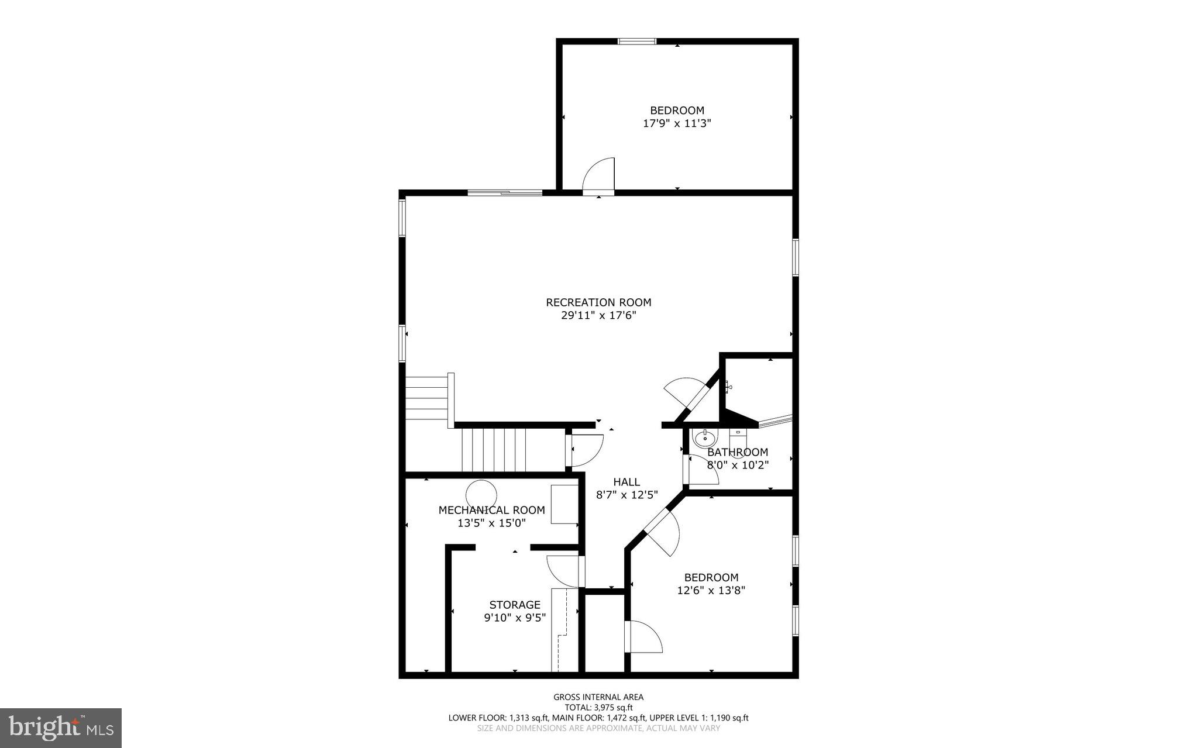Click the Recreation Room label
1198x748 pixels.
pyautogui.click(x=598, y=302)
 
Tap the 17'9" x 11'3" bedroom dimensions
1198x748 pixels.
pyautogui.click(x=677, y=123)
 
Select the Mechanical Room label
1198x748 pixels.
pyautogui.click(x=491, y=510)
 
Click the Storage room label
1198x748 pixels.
pyautogui.click(x=515, y=605)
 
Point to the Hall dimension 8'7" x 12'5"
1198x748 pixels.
pyautogui.click(x=626, y=495)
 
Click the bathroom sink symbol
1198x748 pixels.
pyautogui.click(x=704, y=437)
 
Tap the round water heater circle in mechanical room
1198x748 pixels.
pyautogui.click(x=481, y=494)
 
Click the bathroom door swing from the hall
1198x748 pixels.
pyautogui.click(x=702, y=470)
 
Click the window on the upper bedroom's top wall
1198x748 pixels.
pyautogui.click(x=637, y=42)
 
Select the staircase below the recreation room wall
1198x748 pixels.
pyautogui.click(x=494, y=449)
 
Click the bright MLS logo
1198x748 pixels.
pyautogui.click(x=61, y=728)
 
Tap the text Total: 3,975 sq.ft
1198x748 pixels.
pyautogui.click(x=598, y=707)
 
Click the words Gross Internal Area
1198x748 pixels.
pyautogui.click(x=598, y=697)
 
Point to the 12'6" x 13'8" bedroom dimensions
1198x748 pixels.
pyautogui.click(x=711, y=591)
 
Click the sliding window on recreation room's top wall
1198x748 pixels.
pyautogui.click(x=505, y=192)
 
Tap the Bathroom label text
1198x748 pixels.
pyautogui.click(x=737, y=452)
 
